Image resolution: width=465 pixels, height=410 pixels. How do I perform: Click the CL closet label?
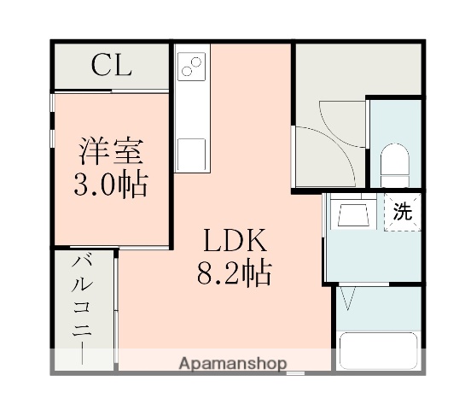point(112,65)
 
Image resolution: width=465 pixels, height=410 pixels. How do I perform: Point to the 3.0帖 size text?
point(112,184)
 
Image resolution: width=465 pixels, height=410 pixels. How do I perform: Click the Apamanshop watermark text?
point(232,363)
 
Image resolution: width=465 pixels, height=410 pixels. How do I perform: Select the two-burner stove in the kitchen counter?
point(192,67)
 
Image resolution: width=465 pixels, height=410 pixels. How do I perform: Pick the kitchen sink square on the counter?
point(192,153)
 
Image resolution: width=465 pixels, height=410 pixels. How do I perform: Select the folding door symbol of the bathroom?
point(348,297)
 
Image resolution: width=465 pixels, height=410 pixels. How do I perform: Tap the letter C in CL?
point(100,65)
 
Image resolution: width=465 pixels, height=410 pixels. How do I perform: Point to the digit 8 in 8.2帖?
point(206,273)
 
